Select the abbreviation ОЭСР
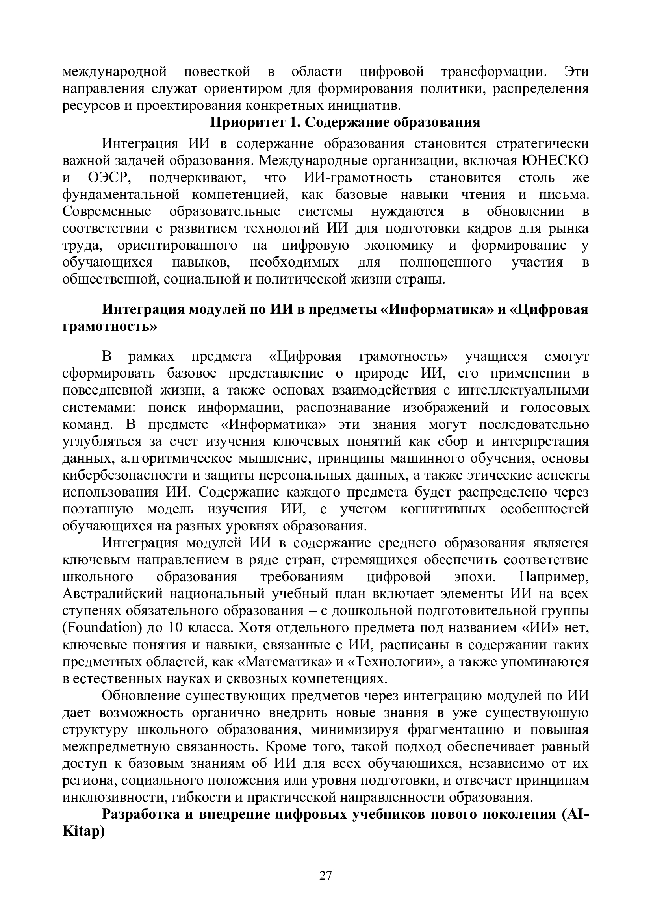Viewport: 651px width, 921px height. tap(107, 178)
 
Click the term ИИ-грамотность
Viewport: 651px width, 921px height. tap(355, 178)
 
